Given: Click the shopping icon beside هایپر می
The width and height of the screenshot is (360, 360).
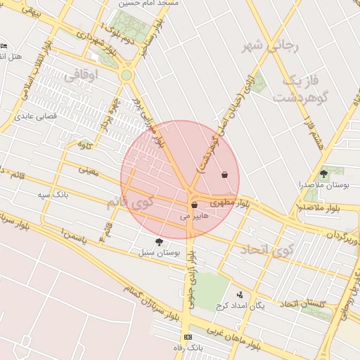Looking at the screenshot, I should pos(194,205).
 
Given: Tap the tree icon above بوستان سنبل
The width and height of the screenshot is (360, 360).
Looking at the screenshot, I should pos(158,242).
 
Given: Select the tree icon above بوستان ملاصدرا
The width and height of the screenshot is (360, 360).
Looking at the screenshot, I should pos(323,173).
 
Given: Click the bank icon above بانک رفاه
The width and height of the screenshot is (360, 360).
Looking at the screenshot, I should pos(187,337).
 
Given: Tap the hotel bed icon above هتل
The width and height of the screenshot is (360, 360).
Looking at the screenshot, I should pos(5,46).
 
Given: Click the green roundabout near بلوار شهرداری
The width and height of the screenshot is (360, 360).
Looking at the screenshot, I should pos(127,75).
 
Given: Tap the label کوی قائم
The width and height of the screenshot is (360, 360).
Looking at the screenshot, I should pos(130,202).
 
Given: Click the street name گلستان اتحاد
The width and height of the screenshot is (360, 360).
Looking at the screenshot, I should pos(304,304).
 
